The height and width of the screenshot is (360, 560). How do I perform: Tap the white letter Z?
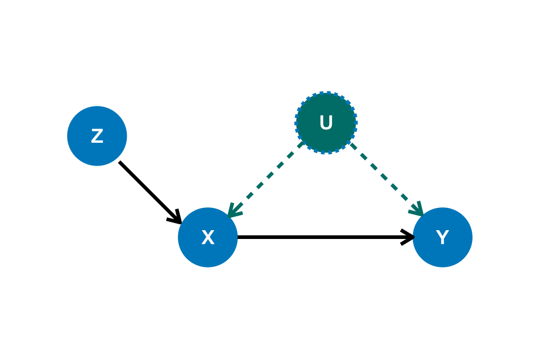tap(97, 137)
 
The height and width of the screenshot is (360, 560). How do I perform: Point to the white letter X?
tap(208, 238)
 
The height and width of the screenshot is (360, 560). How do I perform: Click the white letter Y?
tap(443, 238)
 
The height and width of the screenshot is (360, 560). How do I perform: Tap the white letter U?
tap(326, 123)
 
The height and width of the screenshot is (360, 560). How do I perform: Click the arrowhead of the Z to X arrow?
tap(177, 219)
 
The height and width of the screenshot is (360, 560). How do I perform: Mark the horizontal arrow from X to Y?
tap(321, 237)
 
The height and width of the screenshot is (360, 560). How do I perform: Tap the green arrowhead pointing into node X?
tap(232, 212)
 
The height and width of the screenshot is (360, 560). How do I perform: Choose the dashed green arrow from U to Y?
tap(386, 178)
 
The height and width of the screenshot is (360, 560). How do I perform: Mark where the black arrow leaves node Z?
tap(120, 163)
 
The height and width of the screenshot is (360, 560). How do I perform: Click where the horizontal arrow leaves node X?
tap(239, 237)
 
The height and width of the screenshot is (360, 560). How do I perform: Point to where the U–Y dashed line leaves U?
tap(352, 145)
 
